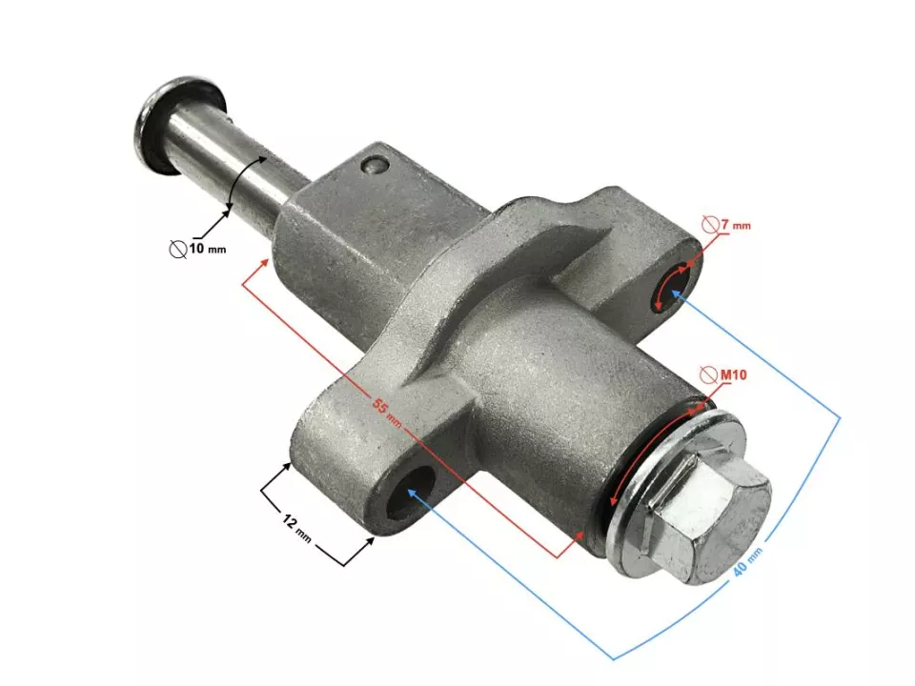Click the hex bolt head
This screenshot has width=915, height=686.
point(710,514)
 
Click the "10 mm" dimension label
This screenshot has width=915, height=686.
point(207,250)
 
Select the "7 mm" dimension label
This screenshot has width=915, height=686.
point(736,225)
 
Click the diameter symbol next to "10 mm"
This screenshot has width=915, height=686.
point(177,250)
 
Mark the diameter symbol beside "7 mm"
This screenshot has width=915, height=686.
point(710,225)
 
